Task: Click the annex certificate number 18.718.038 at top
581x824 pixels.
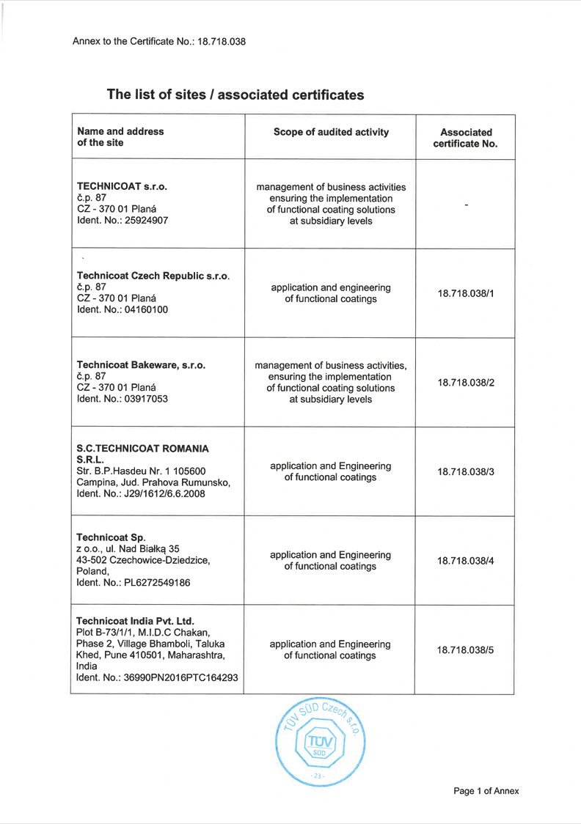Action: [x=222, y=42]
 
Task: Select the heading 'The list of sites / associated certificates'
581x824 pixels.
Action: [x=235, y=95]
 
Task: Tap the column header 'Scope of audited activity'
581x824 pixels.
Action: [x=331, y=132]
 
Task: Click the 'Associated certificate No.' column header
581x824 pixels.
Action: [x=465, y=138]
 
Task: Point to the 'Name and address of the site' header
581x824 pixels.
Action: [x=120, y=137]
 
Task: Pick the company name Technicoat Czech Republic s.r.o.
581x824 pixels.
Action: [x=153, y=276]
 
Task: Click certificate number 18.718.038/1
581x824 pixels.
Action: [x=466, y=293]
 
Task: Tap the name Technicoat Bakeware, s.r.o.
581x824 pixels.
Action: [x=141, y=364]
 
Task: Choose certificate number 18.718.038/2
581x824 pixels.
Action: [x=466, y=382]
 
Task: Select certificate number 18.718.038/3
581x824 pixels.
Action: [x=466, y=471]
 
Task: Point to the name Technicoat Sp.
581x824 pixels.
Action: [x=111, y=537]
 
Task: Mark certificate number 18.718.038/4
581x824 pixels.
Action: [x=466, y=561]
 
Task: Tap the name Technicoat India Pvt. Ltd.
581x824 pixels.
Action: [x=135, y=622]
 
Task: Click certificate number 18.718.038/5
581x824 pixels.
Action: [x=466, y=650]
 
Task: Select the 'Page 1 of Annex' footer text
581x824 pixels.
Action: [x=486, y=791]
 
